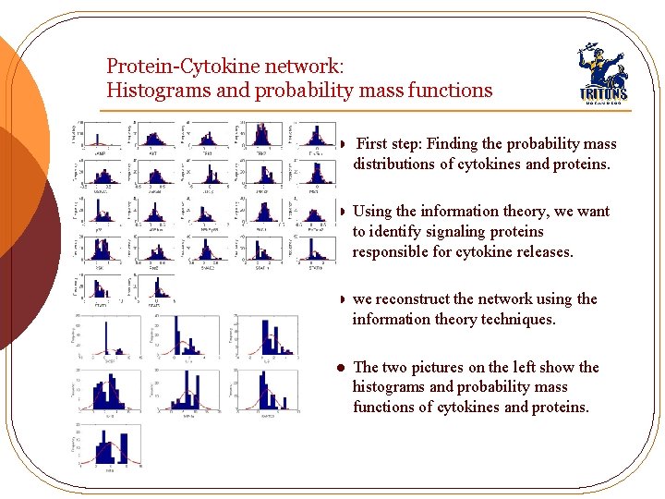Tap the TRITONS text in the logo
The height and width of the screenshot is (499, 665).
(x=602, y=92)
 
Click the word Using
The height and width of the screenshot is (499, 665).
(x=373, y=212)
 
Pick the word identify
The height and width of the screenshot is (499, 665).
(x=397, y=232)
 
